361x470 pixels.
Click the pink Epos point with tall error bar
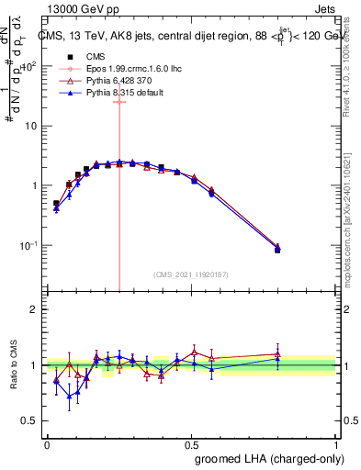coord(119,102)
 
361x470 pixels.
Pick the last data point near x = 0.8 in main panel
coord(277,248)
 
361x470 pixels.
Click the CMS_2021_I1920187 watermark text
coord(190,274)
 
